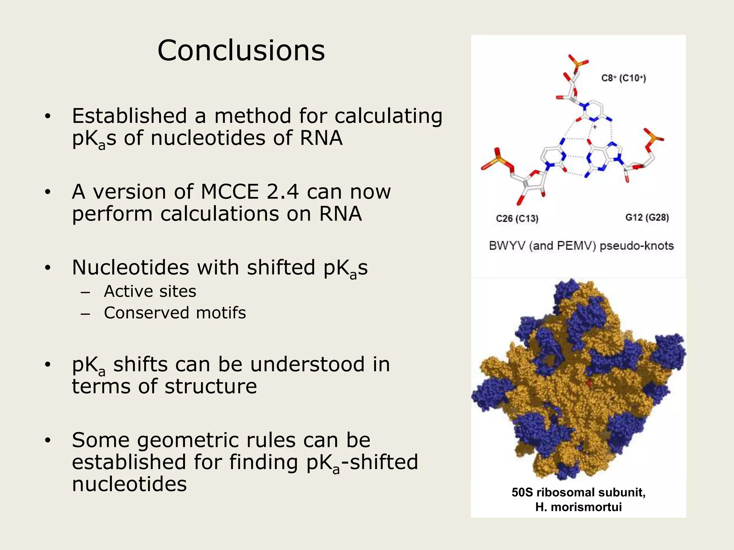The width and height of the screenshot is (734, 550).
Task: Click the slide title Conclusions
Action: click(x=241, y=51)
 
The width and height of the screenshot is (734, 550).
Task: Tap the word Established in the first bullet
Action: click(x=128, y=116)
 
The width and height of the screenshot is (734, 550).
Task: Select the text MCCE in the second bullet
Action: click(x=230, y=192)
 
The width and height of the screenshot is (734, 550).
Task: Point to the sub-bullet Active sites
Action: click(x=150, y=291)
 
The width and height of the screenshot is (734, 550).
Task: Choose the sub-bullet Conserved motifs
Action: click(x=175, y=313)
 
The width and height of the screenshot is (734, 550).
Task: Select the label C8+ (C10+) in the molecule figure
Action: click(x=623, y=78)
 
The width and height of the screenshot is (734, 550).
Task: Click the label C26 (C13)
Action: click(x=517, y=218)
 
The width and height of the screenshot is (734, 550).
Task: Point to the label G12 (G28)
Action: click(x=647, y=217)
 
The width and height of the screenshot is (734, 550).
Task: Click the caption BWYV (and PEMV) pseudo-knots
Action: click(x=581, y=246)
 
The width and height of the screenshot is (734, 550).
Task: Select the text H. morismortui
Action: click(x=578, y=507)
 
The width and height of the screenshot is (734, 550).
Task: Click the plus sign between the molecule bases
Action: click(x=595, y=127)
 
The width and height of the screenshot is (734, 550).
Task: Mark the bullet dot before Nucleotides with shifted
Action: click(x=48, y=268)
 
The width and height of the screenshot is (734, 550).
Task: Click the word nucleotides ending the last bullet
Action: click(x=129, y=484)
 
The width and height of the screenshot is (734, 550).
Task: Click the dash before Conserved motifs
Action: click(x=85, y=314)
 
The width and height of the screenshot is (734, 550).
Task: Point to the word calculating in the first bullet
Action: click(x=389, y=116)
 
